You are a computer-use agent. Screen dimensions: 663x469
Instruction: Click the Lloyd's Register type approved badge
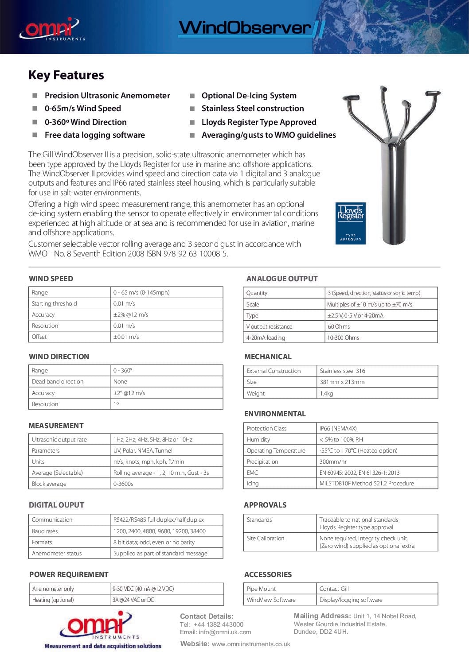coord(350,223)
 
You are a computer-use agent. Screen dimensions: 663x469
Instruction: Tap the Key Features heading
coord(66,75)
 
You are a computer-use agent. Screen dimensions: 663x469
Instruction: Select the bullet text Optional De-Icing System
coord(249,96)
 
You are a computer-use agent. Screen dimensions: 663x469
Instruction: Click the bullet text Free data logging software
coord(94,135)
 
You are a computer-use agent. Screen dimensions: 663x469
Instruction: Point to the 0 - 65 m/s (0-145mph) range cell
coord(141,292)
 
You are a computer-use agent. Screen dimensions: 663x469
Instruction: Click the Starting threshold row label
coord(54,304)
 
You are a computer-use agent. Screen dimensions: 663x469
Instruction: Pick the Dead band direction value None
coord(120,382)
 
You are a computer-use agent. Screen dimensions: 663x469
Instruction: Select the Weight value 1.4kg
coord(326,393)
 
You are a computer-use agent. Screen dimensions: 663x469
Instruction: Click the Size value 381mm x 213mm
coord(342,382)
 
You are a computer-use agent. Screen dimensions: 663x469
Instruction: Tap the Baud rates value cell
coord(159,531)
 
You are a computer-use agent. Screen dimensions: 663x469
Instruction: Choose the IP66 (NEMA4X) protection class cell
coord(338,428)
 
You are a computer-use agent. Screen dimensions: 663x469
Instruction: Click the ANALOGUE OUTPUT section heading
coord(282,279)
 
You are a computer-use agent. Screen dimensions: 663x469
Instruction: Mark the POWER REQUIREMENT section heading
coord(69,574)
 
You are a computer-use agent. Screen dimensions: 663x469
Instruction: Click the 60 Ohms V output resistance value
coord(339,327)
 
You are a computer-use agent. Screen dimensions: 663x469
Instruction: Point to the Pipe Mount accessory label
coord(261,589)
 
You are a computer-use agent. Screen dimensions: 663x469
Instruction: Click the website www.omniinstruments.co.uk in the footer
coord(251,644)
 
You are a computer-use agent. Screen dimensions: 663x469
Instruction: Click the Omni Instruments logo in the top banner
coord(51,29)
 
